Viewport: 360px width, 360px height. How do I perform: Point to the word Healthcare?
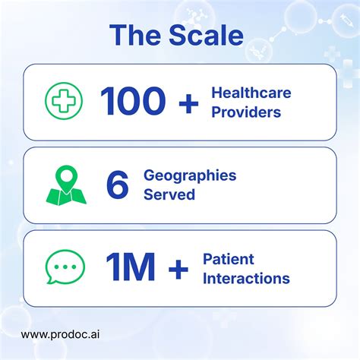(x=250, y=93)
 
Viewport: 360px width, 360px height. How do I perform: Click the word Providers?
(x=245, y=112)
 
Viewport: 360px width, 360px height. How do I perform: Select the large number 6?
(x=118, y=185)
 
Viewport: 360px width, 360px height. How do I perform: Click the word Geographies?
(x=190, y=175)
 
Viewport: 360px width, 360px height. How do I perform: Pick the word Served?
(x=169, y=194)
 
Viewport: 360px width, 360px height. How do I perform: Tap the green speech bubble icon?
(x=62, y=267)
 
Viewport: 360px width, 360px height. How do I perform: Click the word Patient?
(x=228, y=259)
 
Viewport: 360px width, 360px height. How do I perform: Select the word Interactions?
(x=246, y=278)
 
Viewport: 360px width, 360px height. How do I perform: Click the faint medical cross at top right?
(x=332, y=55)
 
